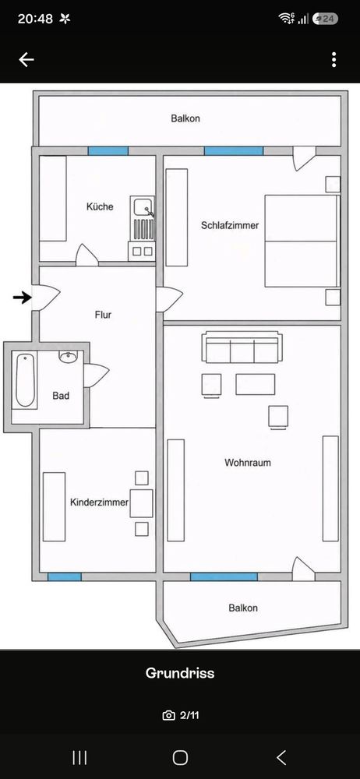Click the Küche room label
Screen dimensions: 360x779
tap(100, 206)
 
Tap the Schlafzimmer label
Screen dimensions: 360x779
tap(230, 226)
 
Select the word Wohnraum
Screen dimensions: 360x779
tap(248, 463)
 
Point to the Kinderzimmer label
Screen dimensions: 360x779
tap(100, 502)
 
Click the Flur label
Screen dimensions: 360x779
tap(103, 315)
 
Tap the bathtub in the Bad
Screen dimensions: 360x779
tap(25, 381)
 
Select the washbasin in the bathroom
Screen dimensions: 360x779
tap(68, 356)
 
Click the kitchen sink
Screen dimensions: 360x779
tap(143, 206)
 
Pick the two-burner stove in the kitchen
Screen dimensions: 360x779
tap(143, 251)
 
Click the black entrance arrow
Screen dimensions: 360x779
tap(22, 298)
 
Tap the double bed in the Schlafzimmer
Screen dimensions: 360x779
tap(302, 241)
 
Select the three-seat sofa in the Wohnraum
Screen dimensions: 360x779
tap(242, 347)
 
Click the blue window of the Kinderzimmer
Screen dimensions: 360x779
tap(65, 576)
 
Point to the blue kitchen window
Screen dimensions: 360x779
tap(108, 151)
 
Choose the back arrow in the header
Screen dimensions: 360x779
tap(26, 60)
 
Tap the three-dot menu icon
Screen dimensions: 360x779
tap(334, 60)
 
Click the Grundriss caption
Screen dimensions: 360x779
tap(180, 673)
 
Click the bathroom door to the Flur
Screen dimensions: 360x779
tap(96, 375)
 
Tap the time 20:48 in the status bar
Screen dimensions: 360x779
tap(35, 19)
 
